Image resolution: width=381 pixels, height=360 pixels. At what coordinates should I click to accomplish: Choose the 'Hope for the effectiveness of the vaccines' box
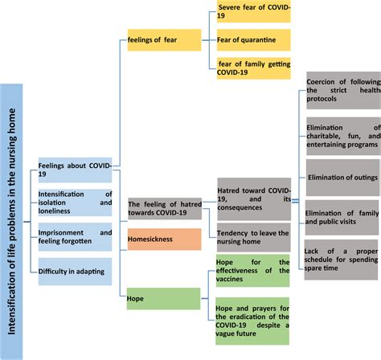[x=253, y=271]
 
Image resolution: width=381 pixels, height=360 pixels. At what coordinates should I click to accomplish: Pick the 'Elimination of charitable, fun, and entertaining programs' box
[x=343, y=135]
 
